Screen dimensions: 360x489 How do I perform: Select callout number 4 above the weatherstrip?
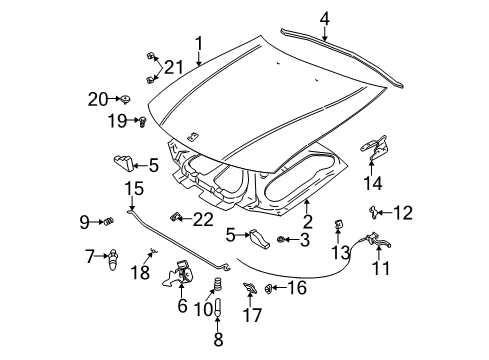(324, 17)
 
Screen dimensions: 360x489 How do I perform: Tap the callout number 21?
(175, 67)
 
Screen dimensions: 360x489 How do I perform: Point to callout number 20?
(97, 98)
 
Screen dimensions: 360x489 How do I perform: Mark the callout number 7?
(89, 256)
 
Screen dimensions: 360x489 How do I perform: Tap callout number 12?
(403, 211)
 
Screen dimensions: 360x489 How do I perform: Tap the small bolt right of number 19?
(142, 122)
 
